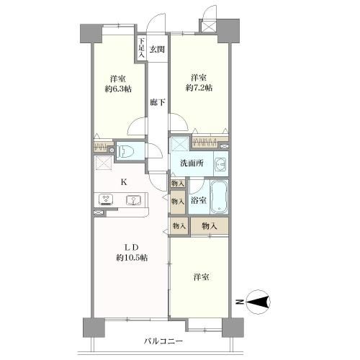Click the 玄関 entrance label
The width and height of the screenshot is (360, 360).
tap(157, 50)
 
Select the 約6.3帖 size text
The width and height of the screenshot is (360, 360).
tap(118, 89)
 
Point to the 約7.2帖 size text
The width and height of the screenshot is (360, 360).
tap(199, 88)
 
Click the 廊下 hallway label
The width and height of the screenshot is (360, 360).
tap(158, 102)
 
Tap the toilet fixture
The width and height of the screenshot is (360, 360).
tap(125, 152)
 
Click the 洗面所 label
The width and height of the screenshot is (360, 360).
tap(192, 163)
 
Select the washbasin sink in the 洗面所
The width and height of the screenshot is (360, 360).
tap(220, 164)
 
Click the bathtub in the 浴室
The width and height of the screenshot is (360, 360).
tap(219, 197)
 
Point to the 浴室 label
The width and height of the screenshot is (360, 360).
tap(198, 200)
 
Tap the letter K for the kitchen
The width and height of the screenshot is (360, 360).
tap(124, 182)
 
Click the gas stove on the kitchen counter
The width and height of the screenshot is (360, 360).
tap(106, 200)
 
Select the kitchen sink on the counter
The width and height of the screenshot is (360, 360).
tap(133, 200)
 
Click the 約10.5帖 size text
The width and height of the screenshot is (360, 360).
tap(132, 258)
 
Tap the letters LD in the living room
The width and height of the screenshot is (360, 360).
tap(132, 247)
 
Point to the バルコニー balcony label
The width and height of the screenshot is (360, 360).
tap(163, 341)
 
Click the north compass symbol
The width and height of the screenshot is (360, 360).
tap(258, 302)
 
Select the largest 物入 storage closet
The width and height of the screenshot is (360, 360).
tap(210, 226)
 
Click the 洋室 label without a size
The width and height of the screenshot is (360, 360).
tap(202, 277)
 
